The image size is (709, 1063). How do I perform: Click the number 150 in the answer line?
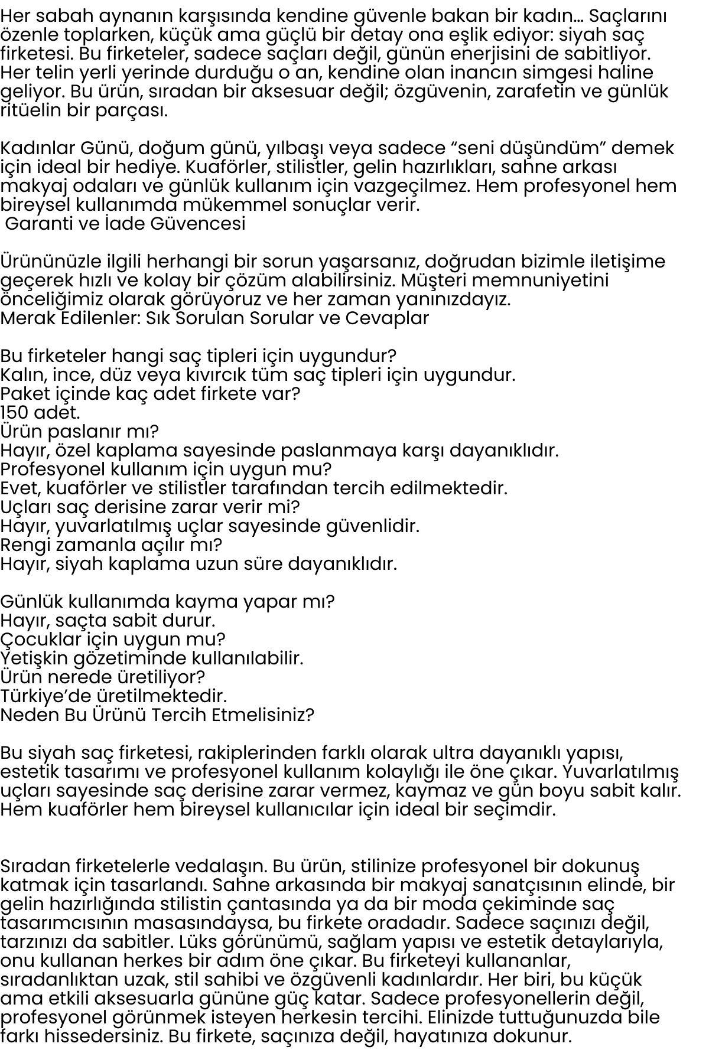16,412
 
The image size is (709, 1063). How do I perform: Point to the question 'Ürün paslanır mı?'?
79,432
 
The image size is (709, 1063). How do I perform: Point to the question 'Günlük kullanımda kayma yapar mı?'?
167,601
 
